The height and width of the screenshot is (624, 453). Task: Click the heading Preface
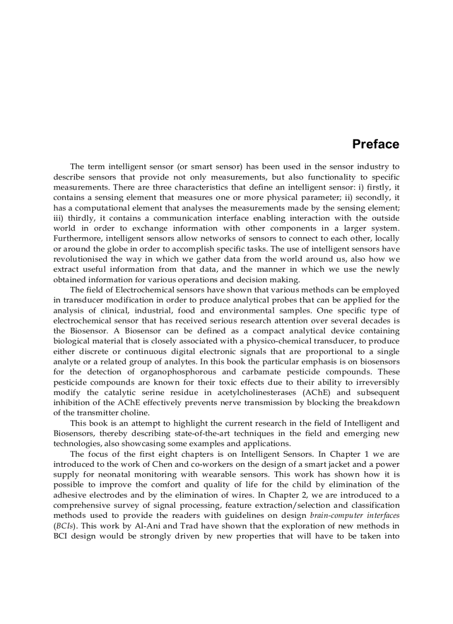point(375,144)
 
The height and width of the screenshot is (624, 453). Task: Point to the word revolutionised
point(82,259)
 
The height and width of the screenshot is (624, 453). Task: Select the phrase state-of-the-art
point(182,433)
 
